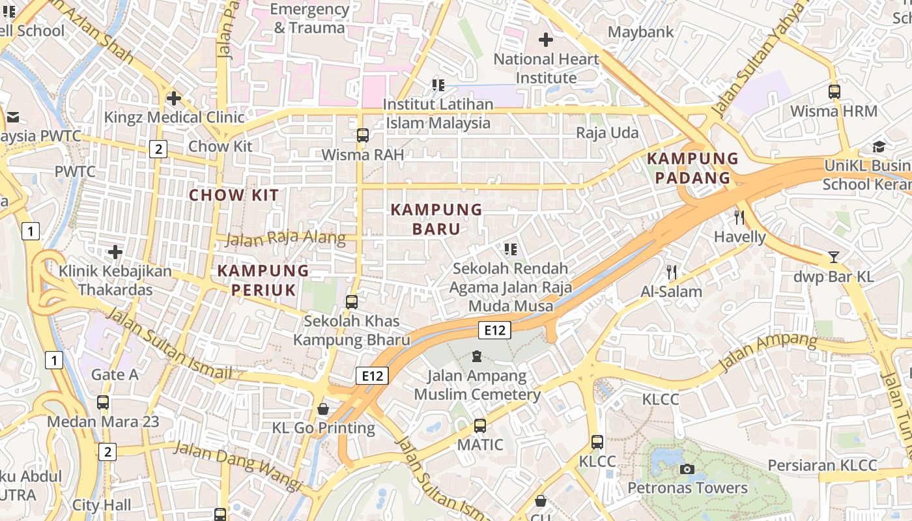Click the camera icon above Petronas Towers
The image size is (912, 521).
click(x=687, y=469)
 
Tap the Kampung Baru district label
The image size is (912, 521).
click(x=436, y=219)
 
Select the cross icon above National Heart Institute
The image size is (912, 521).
click(x=546, y=40)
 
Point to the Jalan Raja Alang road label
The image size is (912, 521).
click(x=285, y=238)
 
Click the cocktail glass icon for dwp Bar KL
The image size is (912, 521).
click(x=834, y=257)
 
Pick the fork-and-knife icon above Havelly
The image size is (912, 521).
click(x=739, y=217)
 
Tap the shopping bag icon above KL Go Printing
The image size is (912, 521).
click(x=323, y=409)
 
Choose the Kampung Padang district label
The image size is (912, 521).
click(x=692, y=168)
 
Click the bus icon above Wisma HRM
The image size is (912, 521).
click(x=834, y=92)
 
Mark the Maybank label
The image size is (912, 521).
click(x=640, y=32)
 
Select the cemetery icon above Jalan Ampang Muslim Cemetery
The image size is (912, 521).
click(x=477, y=356)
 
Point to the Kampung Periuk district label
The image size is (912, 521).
click(x=263, y=280)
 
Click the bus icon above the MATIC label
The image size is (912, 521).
click(x=480, y=426)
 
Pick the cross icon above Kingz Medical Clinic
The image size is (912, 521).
click(x=174, y=98)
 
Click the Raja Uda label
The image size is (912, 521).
click(x=607, y=133)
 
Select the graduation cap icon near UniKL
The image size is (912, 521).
click(x=879, y=147)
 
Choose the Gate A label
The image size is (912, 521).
click(x=115, y=374)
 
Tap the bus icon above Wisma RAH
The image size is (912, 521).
click(x=363, y=135)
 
